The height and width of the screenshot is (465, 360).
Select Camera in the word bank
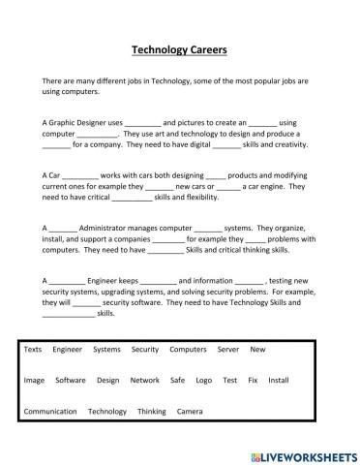click(x=190, y=412)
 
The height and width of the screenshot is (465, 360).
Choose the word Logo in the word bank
click(x=204, y=381)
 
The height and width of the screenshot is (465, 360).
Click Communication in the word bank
click(x=50, y=412)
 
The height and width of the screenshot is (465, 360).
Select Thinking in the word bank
click(x=152, y=412)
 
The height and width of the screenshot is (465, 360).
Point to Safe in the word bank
click(x=177, y=381)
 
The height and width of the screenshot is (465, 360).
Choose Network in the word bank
click(x=144, y=381)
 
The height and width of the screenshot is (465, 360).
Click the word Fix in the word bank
click(x=253, y=381)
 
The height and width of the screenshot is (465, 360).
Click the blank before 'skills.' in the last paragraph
click(x=69, y=314)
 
